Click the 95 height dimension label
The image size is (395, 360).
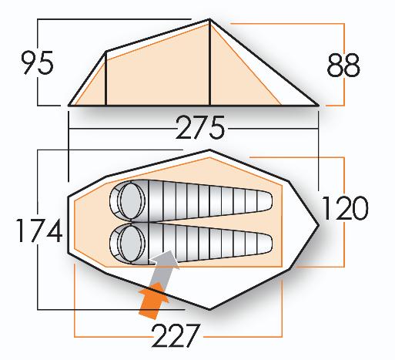point(38,62)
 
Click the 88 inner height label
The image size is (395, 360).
point(343,65)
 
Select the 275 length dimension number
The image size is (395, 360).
point(200,127)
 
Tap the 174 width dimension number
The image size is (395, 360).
point(39,230)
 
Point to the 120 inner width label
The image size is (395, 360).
point(345,208)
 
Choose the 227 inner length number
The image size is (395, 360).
point(176,335)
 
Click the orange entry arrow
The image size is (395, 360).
point(152,299)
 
